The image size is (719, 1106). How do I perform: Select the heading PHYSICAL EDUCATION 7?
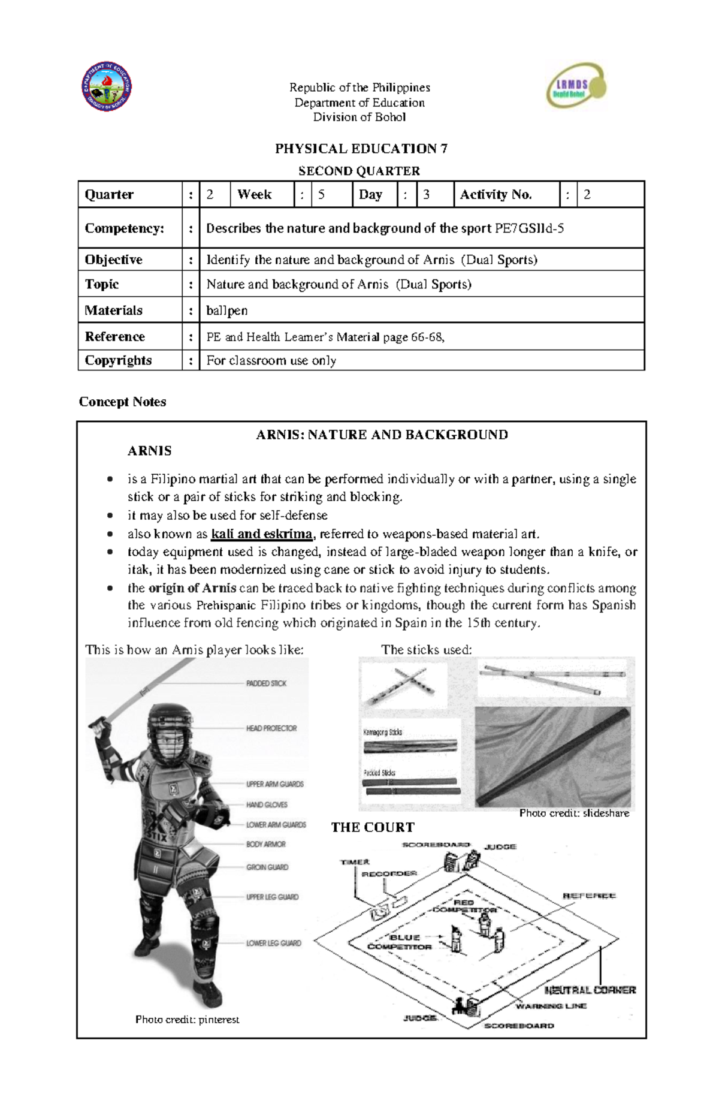[x=361, y=149]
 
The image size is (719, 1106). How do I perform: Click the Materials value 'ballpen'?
[x=227, y=311]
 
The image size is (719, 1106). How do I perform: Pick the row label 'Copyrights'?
[x=118, y=360]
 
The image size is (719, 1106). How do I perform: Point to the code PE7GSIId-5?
[x=529, y=228]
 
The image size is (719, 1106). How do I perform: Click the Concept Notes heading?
[x=122, y=402]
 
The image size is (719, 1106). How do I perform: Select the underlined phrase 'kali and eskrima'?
[x=262, y=534]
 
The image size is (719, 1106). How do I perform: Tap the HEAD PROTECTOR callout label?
[x=271, y=728]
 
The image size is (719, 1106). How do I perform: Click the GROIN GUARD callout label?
[x=267, y=867]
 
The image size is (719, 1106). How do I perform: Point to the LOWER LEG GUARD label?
[x=274, y=943]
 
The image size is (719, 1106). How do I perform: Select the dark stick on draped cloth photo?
[x=552, y=757]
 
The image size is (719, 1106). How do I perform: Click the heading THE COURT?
[x=373, y=827]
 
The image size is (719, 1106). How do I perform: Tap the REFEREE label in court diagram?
[x=589, y=896]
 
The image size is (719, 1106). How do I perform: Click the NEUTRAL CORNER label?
[x=590, y=990]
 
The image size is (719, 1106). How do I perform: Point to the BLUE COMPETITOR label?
[x=400, y=942]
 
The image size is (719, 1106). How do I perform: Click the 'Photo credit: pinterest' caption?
[x=187, y=1019]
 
